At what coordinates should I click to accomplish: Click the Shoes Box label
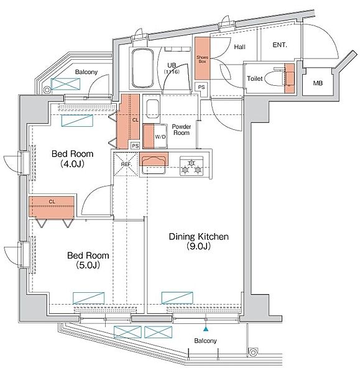(202, 59)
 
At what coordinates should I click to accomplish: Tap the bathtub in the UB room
(142, 68)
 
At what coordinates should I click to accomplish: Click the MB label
(318, 83)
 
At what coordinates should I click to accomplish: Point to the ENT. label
(280, 45)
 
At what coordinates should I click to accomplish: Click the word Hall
(239, 47)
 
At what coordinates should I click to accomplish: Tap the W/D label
(160, 137)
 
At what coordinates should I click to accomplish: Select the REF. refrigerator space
(126, 164)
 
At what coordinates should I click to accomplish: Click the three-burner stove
(192, 166)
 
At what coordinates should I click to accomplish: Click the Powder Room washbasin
(152, 109)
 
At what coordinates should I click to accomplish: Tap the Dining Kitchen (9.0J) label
(199, 241)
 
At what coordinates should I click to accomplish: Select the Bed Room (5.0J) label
(88, 260)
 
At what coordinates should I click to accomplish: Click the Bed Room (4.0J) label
(72, 159)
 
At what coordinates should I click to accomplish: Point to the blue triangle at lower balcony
(206, 329)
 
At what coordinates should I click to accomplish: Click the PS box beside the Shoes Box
(201, 87)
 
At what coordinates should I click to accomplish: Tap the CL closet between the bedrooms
(52, 206)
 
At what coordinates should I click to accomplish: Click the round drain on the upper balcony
(47, 90)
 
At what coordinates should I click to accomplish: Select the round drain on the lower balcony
(252, 351)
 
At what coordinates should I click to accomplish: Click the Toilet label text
(254, 78)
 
